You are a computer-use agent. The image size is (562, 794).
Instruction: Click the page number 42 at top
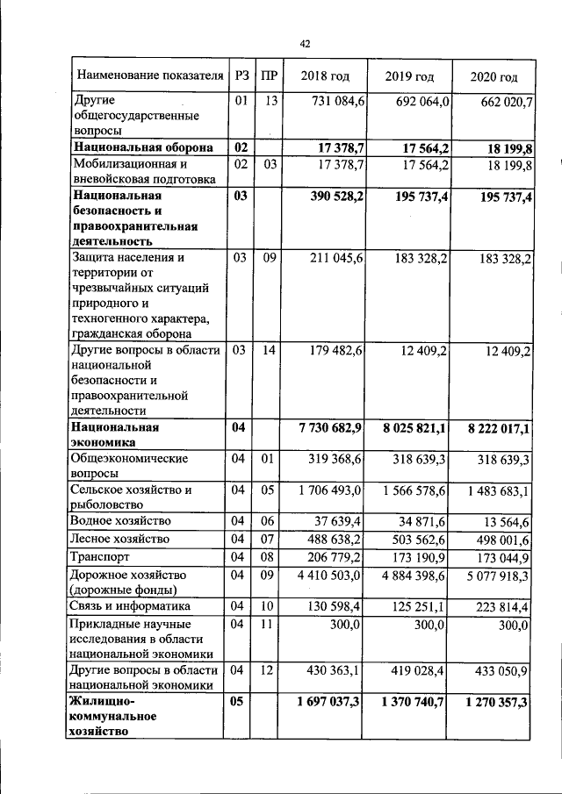tap(306, 44)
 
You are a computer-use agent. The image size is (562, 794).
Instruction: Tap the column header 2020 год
tap(494, 77)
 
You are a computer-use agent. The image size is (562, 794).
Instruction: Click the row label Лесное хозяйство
tap(122, 539)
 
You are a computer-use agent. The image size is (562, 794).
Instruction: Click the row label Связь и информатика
tap(132, 606)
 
